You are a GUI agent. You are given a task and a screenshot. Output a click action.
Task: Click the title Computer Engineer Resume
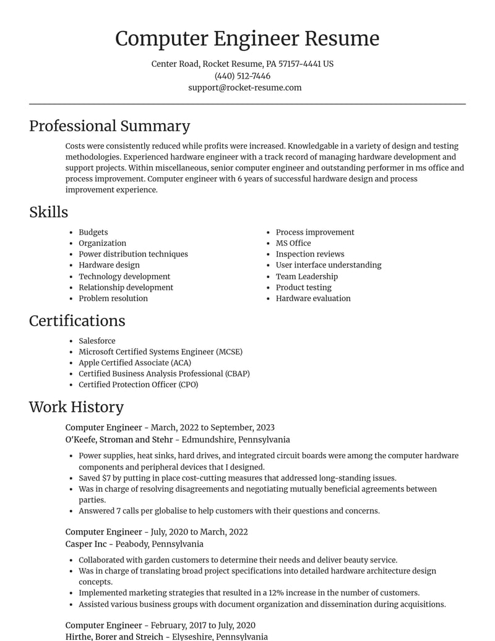coord(247,38)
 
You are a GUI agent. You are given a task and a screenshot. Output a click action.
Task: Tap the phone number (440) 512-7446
coord(243,76)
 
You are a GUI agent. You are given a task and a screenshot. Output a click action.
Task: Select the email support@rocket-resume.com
coord(245,87)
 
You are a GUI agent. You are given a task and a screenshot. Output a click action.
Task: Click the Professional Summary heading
coord(110,126)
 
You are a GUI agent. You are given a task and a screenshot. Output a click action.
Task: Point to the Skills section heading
coord(48,212)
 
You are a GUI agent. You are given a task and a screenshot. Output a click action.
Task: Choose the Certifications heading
coord(77,320)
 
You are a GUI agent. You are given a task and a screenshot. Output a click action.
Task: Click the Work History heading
coord(76,406)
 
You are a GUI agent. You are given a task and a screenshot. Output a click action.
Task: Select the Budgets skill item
coord(93,232)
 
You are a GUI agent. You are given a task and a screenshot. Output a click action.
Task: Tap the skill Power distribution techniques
coord(133,254)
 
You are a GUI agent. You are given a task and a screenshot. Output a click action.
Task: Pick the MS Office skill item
coord(293,243)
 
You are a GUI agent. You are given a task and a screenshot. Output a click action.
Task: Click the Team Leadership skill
coord(307,276)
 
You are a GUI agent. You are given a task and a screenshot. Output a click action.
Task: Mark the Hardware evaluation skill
coord(313,298)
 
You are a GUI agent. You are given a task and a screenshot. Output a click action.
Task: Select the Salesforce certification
coord(97,341)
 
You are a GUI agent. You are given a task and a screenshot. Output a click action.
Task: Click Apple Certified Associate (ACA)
coord(134,362)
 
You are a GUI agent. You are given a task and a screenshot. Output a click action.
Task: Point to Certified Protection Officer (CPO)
coord(138,384)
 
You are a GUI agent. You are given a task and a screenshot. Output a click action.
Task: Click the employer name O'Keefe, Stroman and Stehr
coord(119,439)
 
